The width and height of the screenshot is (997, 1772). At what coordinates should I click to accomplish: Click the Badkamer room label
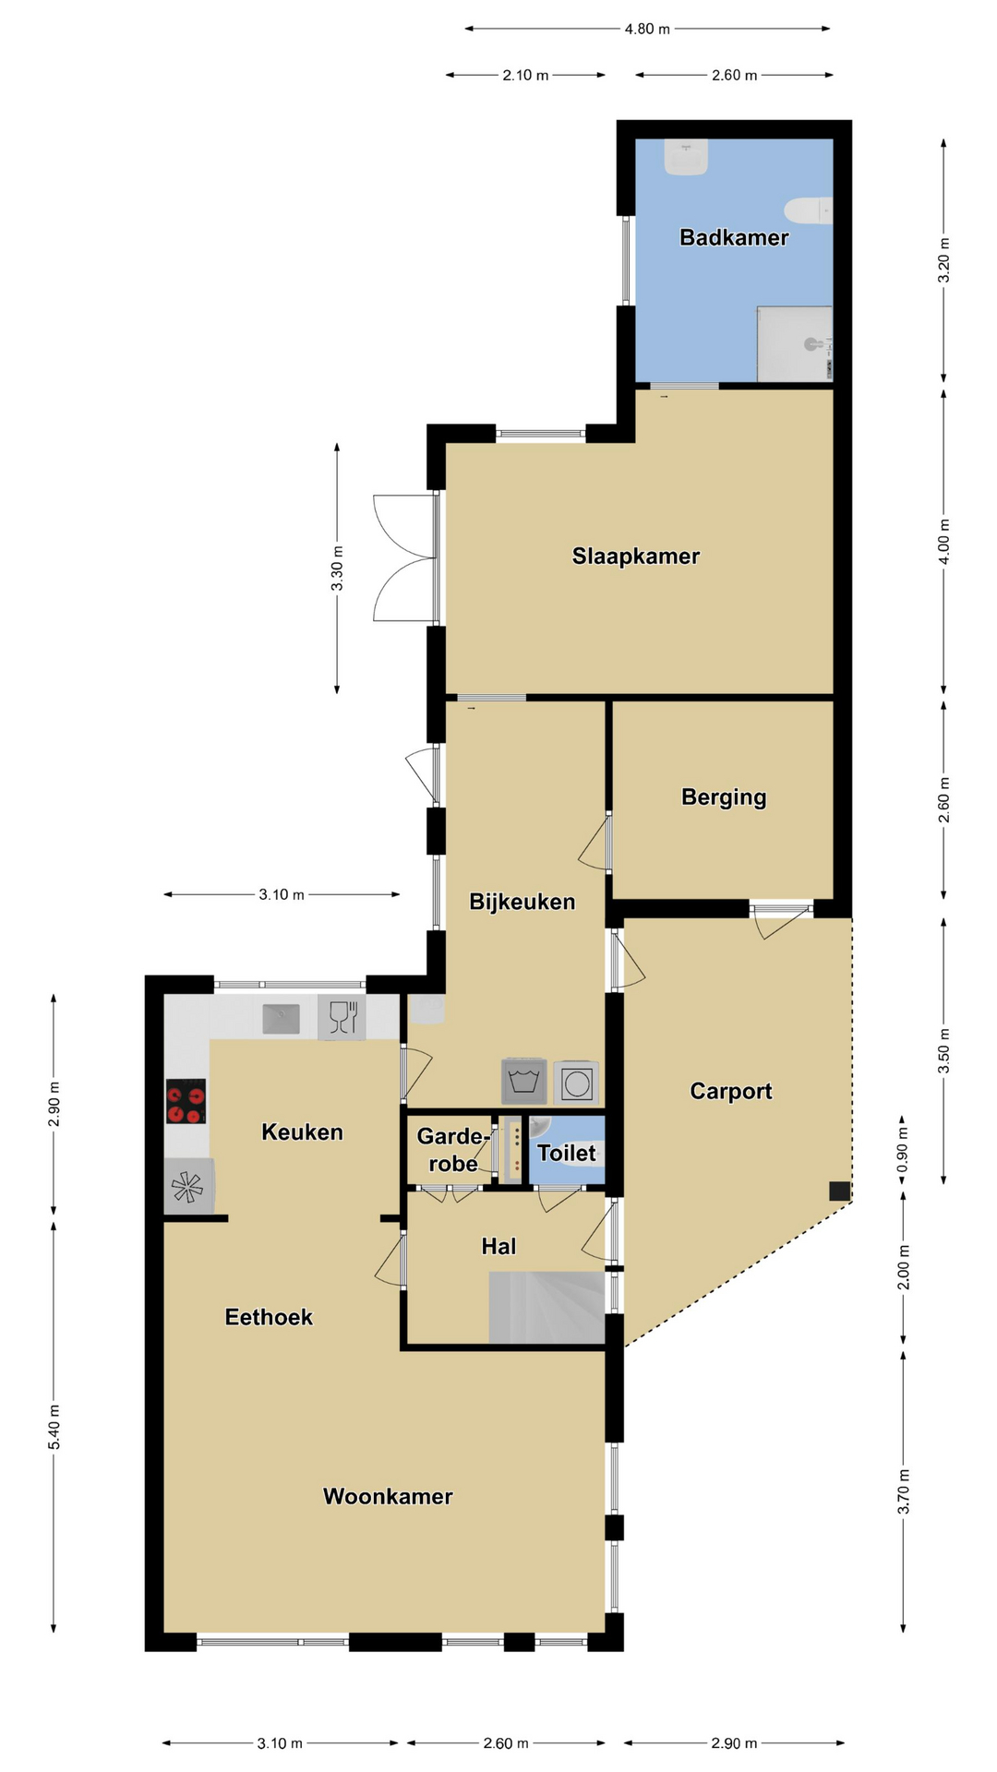tap(734, 237)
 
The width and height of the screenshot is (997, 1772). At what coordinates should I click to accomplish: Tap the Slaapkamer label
tap(636, 557)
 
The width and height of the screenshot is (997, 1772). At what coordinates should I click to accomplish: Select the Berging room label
tap(724, 797)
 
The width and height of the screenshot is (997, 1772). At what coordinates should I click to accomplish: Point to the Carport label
tap(731, 1091)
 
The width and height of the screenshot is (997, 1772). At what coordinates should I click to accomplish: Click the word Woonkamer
tap(388, 1496)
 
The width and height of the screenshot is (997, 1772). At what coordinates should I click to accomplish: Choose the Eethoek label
tap(269, 1317)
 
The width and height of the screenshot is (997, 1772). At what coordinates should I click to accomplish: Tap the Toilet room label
tap(567, 1153)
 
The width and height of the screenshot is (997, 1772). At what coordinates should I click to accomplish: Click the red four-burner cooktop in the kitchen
tap(186, 1101)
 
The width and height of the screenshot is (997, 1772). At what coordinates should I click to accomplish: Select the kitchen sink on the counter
tap(282, 1019)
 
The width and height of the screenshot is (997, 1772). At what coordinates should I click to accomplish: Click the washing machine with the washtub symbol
tap(524, 1082)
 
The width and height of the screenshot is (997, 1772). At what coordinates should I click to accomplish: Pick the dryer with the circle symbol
tap(577, 1083)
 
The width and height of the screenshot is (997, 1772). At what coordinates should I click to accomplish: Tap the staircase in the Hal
tap(547, 1307)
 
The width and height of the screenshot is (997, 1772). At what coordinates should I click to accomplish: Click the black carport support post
tap(839, 1191)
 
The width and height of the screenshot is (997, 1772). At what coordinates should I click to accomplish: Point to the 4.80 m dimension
tap(647, 29)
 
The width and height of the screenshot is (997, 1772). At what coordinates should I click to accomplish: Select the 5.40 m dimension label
tap(54, 1427)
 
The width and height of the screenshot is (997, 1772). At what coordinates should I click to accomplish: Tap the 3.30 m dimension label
tap(337, 569)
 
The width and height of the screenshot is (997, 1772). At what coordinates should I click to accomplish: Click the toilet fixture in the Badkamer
tap(809, 210)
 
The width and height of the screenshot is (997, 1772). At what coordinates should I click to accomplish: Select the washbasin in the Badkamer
tap(686, 157)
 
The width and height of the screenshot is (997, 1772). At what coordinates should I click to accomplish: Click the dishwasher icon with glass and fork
tap(342, 1017)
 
